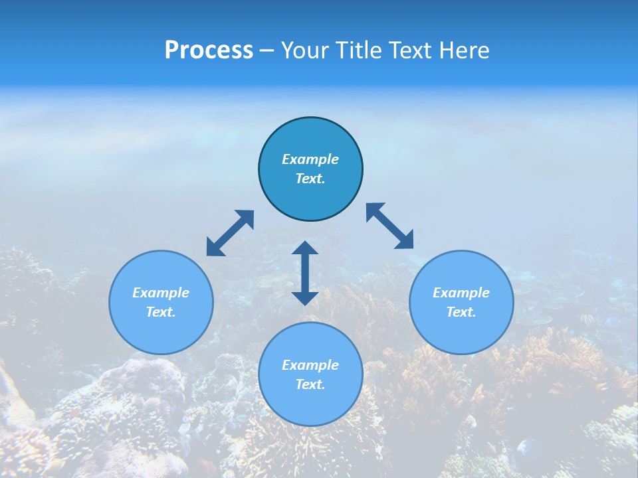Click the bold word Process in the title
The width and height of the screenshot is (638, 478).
click(x=209, y=50)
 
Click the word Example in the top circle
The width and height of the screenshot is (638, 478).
click(x=310, y=159)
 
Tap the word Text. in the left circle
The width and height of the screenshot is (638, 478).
click(x=161, y=312)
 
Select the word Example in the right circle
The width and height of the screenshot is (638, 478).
click(x=461, y=293)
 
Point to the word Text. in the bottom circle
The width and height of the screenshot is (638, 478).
click(x=310, y=384)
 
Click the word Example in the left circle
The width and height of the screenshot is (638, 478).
click(x=161, y=293)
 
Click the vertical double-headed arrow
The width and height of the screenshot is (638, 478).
click(x=305, y=273)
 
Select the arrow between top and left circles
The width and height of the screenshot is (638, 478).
click(x=230, y=233)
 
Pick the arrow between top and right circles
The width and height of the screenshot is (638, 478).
click(x=390, y=226)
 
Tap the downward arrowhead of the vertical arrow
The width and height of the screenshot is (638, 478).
click(x=305, y=297)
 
